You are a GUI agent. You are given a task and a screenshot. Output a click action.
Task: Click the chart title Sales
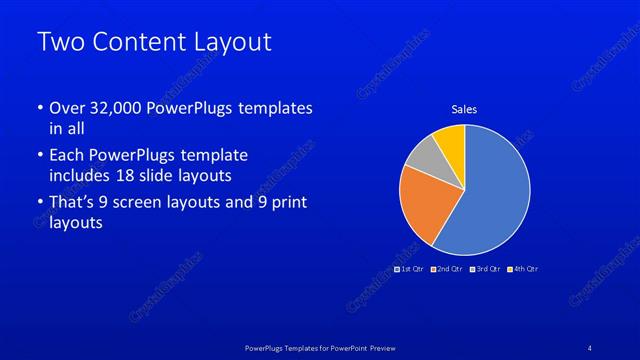point(464,109)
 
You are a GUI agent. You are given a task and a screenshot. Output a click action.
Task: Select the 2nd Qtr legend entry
point(449,269)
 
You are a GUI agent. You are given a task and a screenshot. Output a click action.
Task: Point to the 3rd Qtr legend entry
point(487,269)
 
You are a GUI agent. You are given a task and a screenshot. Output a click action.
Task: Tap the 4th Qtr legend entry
point(525,269)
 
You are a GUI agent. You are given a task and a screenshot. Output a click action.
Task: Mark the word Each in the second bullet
point(67,156)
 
